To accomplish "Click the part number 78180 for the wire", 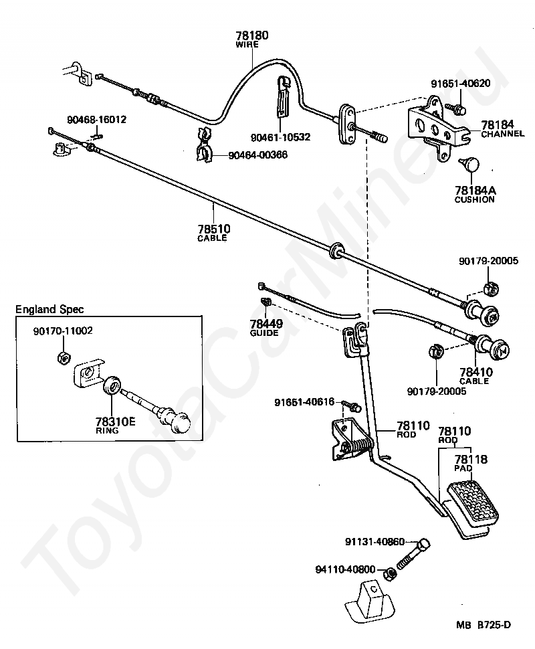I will coord(251,35).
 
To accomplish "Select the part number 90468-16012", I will coord(96,120).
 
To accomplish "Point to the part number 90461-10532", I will coord(282,137).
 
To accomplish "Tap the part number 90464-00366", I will coord(257,155).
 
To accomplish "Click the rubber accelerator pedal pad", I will coord(471,499).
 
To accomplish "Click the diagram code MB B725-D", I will coord(484,626).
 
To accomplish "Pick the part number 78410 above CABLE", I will coord(475,371).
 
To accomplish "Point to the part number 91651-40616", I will coord(306,402).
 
